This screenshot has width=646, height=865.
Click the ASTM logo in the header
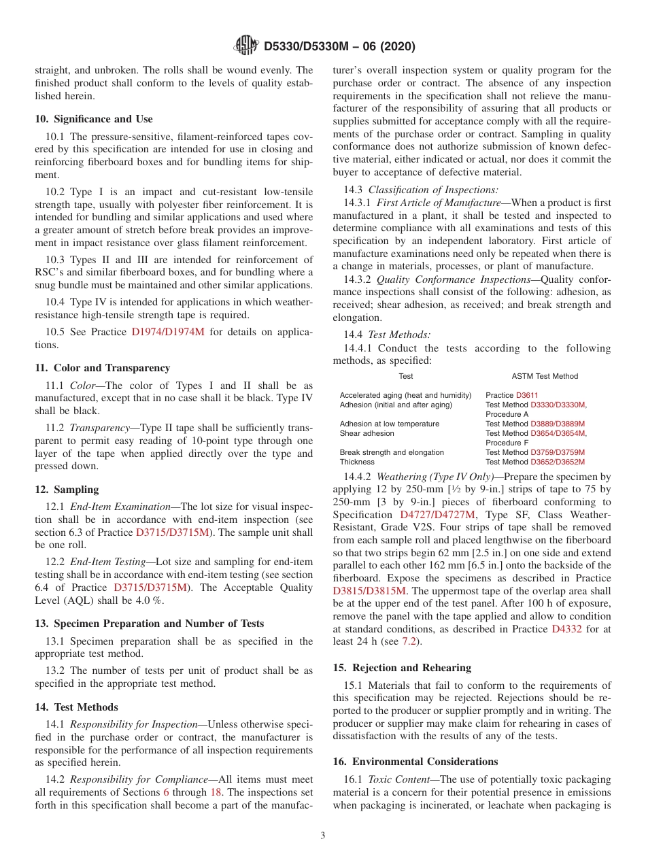pyautogui.click(x=246, y=46)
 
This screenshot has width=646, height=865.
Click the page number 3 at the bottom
pyautogui.click(x=323, y=835)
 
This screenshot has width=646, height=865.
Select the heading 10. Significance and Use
pyautogui.click(x=94, y=119)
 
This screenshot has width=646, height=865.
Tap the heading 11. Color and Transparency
pyautogui.click(x=102, y=368)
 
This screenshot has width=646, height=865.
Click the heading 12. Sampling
pyautogui.click(x=67, y=490)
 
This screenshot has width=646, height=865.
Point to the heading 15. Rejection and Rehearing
pyautogui.click(x=402, y=668)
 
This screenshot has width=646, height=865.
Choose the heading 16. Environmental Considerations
pyautogui.click(x=415, y=762)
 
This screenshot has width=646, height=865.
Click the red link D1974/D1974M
pyautogui.click(x=168, y=332)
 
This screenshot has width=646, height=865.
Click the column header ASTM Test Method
pyautogui.click(x=545, y=376)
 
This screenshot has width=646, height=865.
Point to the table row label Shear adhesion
pyautogui.click(x=367, y=433)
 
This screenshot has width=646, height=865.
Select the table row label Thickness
pyautogui.click(x=357, y=462)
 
